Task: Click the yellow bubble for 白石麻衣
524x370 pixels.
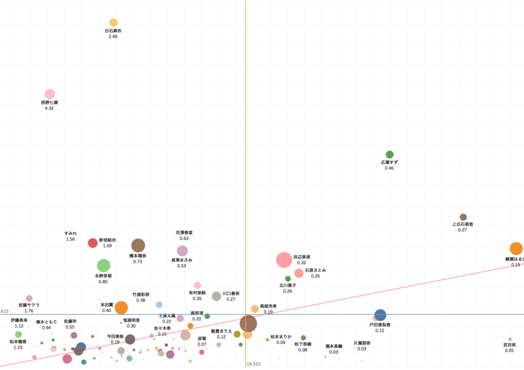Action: point(114,22)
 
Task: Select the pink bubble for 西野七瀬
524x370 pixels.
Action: point(50,94)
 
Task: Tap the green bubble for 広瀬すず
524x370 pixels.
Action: point(389,154)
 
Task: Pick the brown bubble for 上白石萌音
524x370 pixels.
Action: point(463,217)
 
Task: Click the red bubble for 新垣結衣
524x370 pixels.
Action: point(93,243)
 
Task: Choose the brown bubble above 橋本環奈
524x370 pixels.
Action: point(138,245)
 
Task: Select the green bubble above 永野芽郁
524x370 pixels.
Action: point(103,265)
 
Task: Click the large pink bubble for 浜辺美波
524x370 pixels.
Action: point(284,260)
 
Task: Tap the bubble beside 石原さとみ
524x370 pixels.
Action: point(299,273)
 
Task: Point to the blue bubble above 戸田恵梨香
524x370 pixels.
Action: point(380,315)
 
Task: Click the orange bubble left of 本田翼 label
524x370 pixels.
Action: point(121,308)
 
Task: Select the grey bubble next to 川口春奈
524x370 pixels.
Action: point(216,296)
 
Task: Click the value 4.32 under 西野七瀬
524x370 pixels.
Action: point(49,108)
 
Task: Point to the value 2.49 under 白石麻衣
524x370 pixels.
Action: point(113,37)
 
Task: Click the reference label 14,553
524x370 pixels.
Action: point(253,364)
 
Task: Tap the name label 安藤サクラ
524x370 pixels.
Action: point(29,305)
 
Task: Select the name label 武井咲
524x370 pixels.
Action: point(509,345)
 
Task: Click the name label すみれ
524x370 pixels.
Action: point(71,233)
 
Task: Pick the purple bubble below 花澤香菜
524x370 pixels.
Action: point(182,251)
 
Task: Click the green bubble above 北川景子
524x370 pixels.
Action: point(288,279)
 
